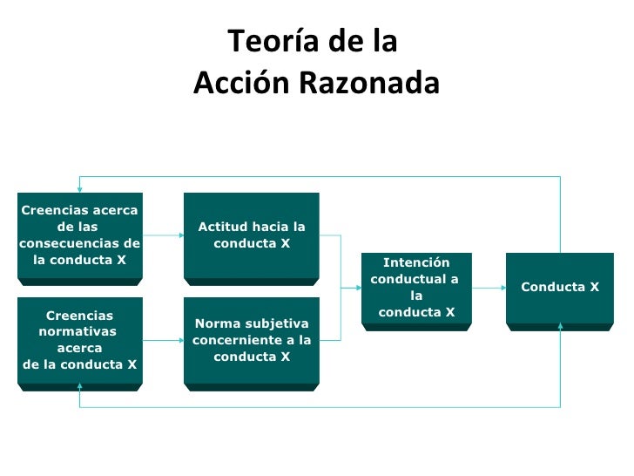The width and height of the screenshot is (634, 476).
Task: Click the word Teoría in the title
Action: click(x=263, y=41)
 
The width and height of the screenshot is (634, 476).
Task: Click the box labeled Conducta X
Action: click(x=560, y=287)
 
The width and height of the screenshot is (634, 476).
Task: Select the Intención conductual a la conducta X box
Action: click(x=416, y=287)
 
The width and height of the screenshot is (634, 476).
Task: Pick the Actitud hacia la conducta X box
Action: click(x=251, y=235)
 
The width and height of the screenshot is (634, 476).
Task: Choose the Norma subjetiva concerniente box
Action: click(x=251, y=340)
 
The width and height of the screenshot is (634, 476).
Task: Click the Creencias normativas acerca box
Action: click(x=79, y=340)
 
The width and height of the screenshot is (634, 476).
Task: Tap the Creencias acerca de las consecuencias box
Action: click(x=79, y=235)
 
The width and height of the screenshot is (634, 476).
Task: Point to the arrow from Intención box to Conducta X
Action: click(x=488, y=287)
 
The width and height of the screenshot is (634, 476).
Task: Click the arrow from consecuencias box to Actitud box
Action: click(x=163, y=235)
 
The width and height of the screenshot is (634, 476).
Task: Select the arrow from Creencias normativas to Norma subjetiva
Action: click(x=163, y=340)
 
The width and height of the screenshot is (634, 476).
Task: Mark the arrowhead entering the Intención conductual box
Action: click(x=357, y=287)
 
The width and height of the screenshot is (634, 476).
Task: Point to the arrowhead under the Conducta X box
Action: click(x=560, y=328)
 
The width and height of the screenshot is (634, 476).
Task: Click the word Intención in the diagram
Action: click(x=416, y=262)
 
